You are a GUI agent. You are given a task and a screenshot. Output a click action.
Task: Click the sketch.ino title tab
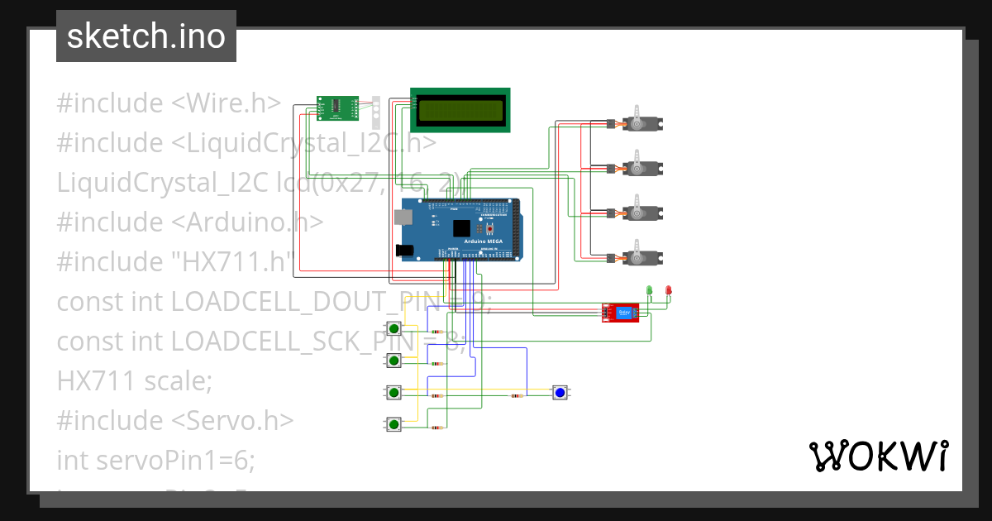coord(146,36)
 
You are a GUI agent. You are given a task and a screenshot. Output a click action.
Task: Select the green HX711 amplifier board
coord(336,106)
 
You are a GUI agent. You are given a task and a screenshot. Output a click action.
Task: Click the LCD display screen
coord(460,110)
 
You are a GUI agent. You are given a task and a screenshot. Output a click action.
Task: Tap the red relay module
coord(621,312)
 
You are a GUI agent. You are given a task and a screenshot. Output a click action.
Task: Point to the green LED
coord(649,290)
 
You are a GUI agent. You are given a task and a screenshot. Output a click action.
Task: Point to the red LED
coord(669,290)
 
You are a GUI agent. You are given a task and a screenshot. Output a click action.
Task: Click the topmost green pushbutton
coord(394,328)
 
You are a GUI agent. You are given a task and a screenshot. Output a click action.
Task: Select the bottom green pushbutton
coord(394,424)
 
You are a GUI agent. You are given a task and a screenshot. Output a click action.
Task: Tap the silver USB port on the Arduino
coord(403,217)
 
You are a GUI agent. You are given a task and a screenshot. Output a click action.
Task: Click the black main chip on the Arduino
coord(461,228)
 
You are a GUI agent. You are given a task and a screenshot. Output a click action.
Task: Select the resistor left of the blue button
coord(517,396)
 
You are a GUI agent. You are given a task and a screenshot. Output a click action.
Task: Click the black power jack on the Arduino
coord(404,250)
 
